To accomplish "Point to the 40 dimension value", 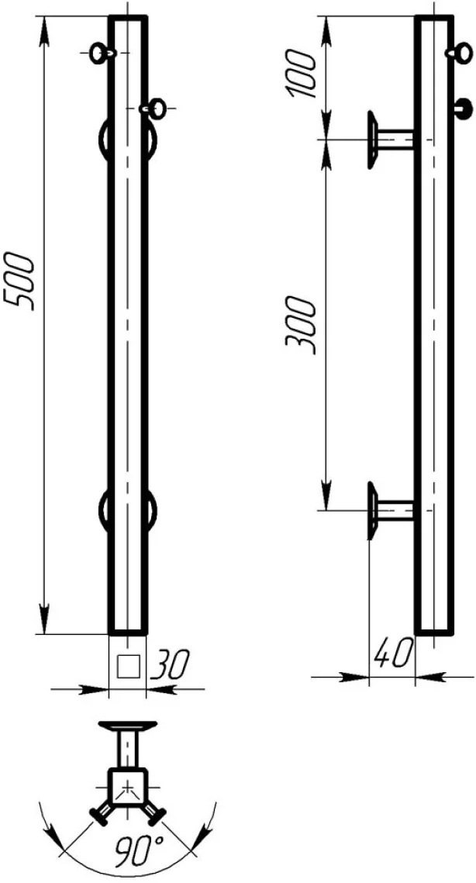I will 391,654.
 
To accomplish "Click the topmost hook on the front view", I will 101,53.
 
